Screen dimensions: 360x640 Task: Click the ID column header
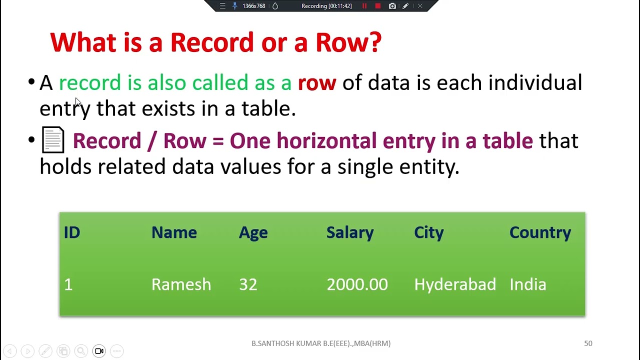click(x=71, y=232)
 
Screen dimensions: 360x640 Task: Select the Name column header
click(x=174, y=232)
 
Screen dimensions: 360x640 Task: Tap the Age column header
click(x=253, y=232)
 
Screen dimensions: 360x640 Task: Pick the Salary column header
click(x=349, y=232)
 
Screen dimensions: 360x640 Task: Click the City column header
click(x=428, y=232)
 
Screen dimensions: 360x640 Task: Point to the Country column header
click(x=540, y=232)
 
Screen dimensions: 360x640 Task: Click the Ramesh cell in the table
click(x=181, y=284)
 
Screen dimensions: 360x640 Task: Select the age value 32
click(x=248, y=284)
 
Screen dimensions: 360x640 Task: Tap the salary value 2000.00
click(x=357, y=284)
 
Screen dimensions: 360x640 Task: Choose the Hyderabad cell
click(x=455, y=284)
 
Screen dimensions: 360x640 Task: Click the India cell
click(x=527, y=284)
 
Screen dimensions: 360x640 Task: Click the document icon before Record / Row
click(x=53, y=139)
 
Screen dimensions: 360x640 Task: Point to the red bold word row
click(x=317, y=83)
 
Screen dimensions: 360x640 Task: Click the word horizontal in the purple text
click(x=326, y=141)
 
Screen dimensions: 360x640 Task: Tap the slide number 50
click(x=588, y=343)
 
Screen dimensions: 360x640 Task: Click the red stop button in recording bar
click(x=378, y=6)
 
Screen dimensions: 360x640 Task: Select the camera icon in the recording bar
click(x=392, y=6)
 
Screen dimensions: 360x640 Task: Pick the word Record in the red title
click(x=212, y=42)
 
